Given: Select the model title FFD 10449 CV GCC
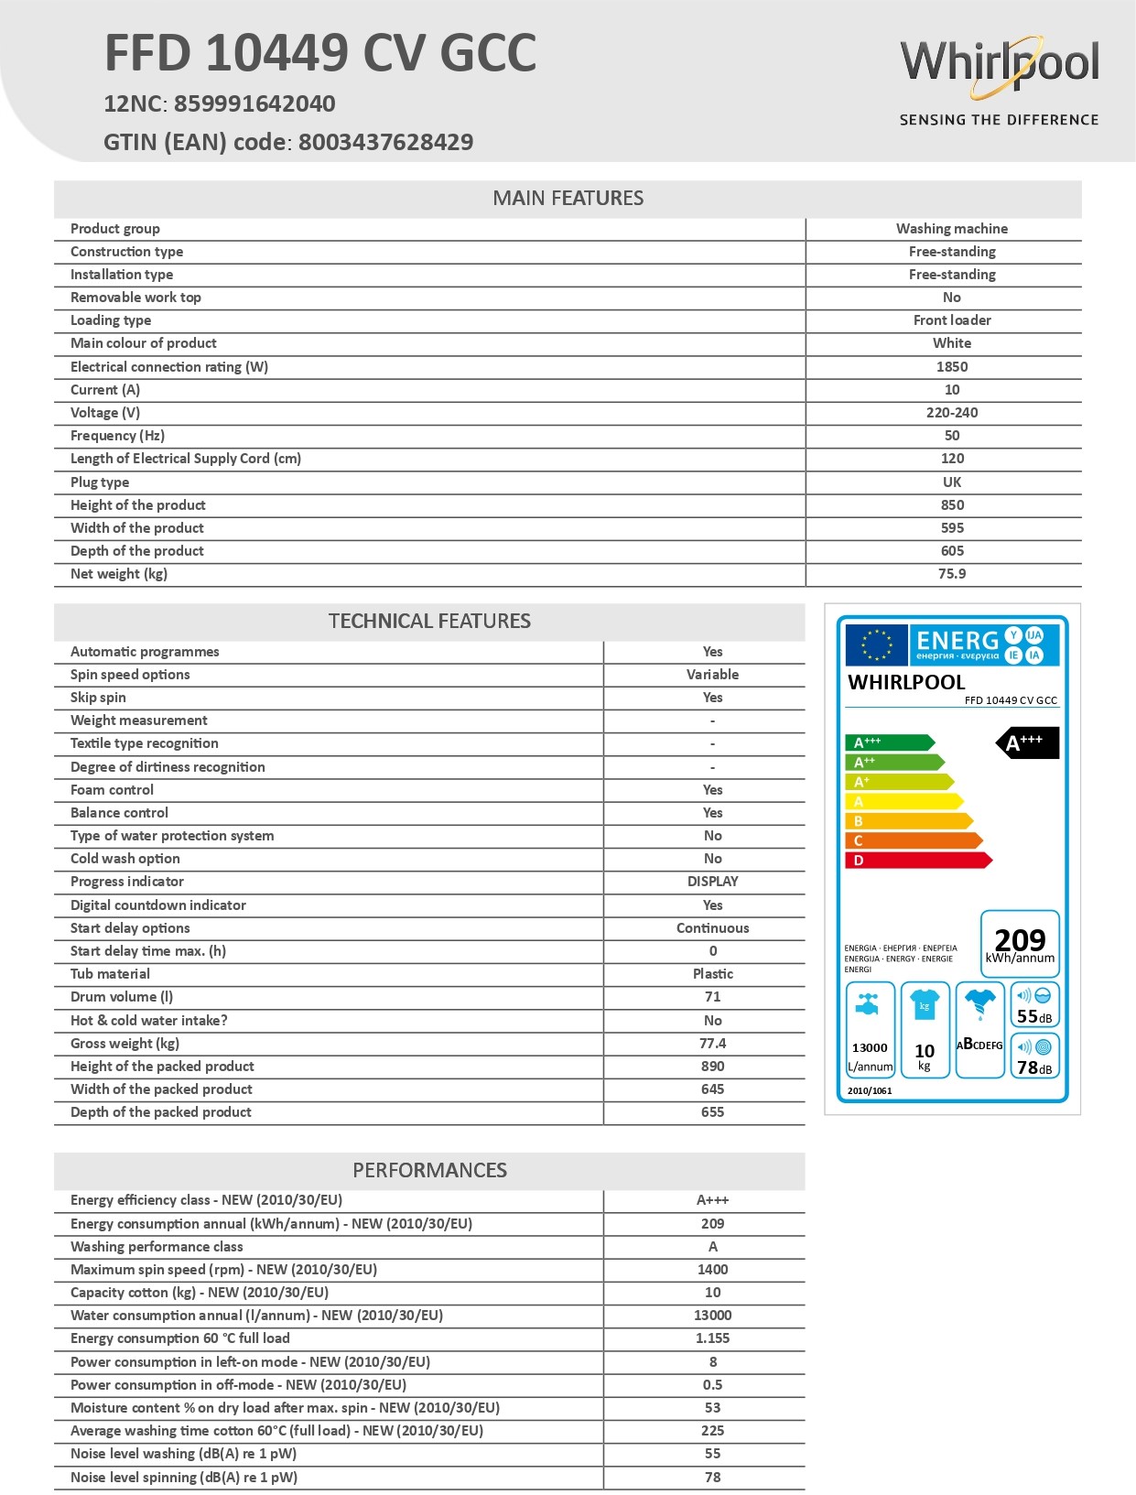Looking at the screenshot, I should click(320, 53).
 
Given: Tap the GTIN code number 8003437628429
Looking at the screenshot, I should click(385, 142).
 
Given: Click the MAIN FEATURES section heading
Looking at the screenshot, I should click(568, 198).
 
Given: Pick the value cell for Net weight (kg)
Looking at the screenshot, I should click(951, 574).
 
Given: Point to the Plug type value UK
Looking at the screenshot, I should click(952, 482).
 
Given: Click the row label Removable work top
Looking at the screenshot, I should click(135, 298).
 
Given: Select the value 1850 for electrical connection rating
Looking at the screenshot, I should click(952, 367).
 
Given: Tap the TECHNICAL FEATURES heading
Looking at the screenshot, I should click(429, 621).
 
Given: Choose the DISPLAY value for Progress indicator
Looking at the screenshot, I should click(712, 882).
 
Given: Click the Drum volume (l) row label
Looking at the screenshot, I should click(122, 997).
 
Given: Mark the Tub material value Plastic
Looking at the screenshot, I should click(712, 974).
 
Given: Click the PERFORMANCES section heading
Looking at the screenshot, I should click(429, 1170).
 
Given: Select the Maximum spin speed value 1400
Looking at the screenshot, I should click(712, 1270).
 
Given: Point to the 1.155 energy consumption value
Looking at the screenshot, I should click(712, 1338).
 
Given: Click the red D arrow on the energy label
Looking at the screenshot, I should click(916, 861).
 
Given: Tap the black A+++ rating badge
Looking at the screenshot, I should click(1027, 742).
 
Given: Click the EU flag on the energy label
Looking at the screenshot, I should click(876, 645).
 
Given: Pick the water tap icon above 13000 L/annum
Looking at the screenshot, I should click(869, 1005).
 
